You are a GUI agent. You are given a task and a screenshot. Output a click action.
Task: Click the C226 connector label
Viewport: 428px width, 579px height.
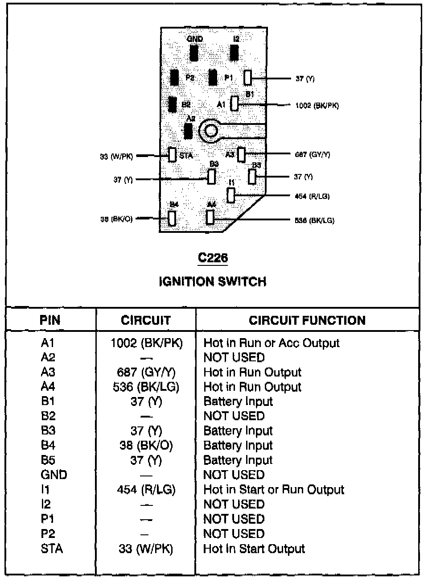pyautogui.click(x=213, y=258)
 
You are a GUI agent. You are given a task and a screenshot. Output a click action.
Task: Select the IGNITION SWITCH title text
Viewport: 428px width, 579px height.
pyautogui.click(x=213, y=281)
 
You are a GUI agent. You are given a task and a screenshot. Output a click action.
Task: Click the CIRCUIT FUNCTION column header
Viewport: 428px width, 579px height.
pyautogui.click(x=307, y=320)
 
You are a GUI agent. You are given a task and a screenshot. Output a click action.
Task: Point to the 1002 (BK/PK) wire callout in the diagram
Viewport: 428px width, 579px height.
pyautogui.click(x=317, y=106)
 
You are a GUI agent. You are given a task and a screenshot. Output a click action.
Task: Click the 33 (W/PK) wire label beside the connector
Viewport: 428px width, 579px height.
pyautogui.click(x=116, y=157)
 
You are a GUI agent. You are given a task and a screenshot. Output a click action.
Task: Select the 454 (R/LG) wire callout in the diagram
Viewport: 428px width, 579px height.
pyautogui.click(x=312, y=196)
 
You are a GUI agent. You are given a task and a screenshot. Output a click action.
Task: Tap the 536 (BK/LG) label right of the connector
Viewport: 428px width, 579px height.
pyautogui.click(x=314, y=220)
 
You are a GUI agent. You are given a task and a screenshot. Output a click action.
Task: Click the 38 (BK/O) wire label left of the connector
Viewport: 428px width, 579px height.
pyautogui.click(x=116, y=219)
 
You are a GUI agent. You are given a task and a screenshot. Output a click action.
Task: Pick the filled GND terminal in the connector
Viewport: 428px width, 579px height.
pyautogui.click(x=194, y=53)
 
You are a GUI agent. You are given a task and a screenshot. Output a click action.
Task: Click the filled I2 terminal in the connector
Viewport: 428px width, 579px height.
pyautogui.click(x=234, y=53)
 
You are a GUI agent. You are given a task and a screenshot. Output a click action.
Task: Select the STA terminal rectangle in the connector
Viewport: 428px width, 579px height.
pyautogui.click(x=172, y=155)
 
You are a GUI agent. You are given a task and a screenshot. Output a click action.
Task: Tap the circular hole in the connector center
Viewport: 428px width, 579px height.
pyautogui.click(x=210, y=131)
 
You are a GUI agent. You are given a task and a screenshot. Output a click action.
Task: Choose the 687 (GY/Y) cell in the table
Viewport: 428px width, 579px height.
pyautogui.click(x=146, y=372)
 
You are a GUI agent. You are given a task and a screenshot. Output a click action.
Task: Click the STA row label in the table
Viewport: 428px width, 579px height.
pyautogui.click(x=52, y=548)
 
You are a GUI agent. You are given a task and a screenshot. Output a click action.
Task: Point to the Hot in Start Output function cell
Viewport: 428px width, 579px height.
pyautogui.click(x=254, y=548)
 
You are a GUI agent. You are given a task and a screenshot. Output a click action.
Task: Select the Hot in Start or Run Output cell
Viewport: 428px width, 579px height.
pyautogui.click(x=273, y=489)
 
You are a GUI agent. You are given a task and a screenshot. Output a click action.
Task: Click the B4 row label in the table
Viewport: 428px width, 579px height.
pyautogui.click(x=48, y=445)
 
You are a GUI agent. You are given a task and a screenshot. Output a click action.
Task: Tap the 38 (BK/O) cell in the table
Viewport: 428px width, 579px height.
pyautogui.click(x=146, y=445)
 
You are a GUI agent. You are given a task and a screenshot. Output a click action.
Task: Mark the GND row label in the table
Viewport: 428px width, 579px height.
pyautogui.click(x=53, y=475)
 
